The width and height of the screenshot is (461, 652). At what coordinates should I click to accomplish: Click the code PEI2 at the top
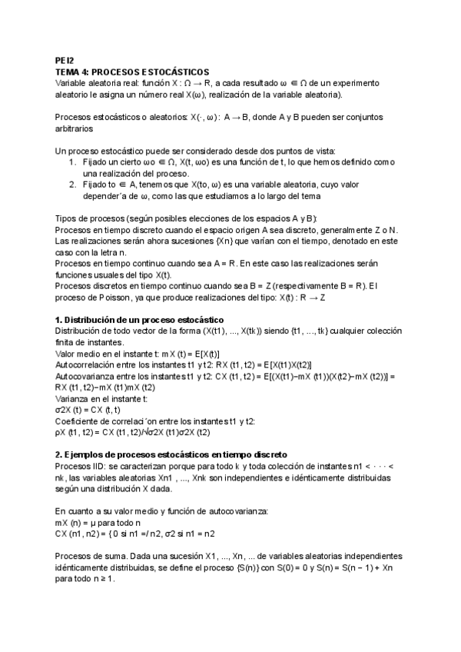coord(64,59)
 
